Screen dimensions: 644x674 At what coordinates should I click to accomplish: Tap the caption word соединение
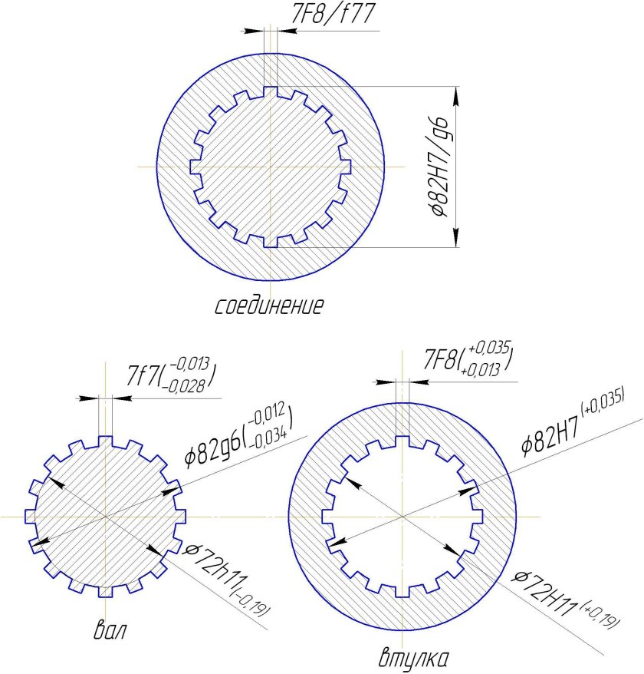pos(269,306)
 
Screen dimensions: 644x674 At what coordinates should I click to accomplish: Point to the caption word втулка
pos(414,658)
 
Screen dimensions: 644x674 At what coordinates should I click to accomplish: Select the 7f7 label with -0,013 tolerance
pos(171,375)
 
